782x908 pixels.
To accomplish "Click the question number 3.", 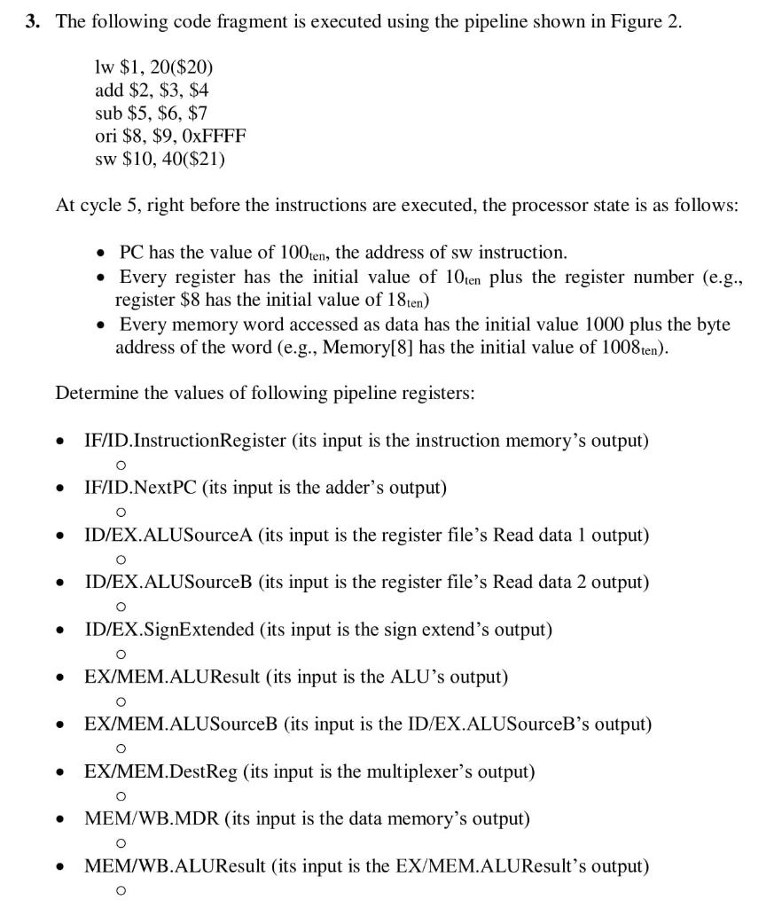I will tap(32, 23).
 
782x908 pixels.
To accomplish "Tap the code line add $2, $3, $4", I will tap(152, 90).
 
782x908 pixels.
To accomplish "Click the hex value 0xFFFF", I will tap(215, 136).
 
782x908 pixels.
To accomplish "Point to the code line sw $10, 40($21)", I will tap(159, 159).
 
